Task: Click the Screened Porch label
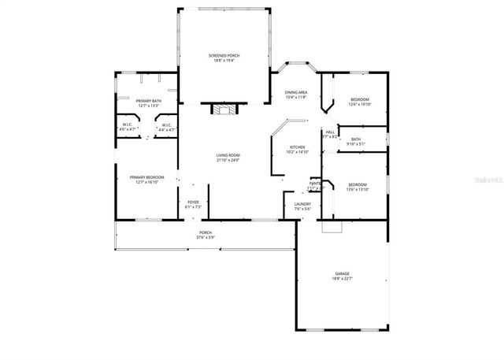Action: [224, 55]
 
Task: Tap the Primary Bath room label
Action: [148, 101]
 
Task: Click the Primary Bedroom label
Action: [147, 177]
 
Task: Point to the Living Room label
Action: [228, 155]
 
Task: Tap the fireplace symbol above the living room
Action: [224, 109]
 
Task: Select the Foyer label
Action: [193, 202]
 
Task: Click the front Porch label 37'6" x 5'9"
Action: [206, 232]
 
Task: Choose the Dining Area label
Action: [296, 92]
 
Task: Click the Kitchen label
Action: [297, 147]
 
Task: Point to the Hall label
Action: [331, 132]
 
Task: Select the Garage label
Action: [342, 273]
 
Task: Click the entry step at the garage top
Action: [332, 227]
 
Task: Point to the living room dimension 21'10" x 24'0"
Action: [228, 160]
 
